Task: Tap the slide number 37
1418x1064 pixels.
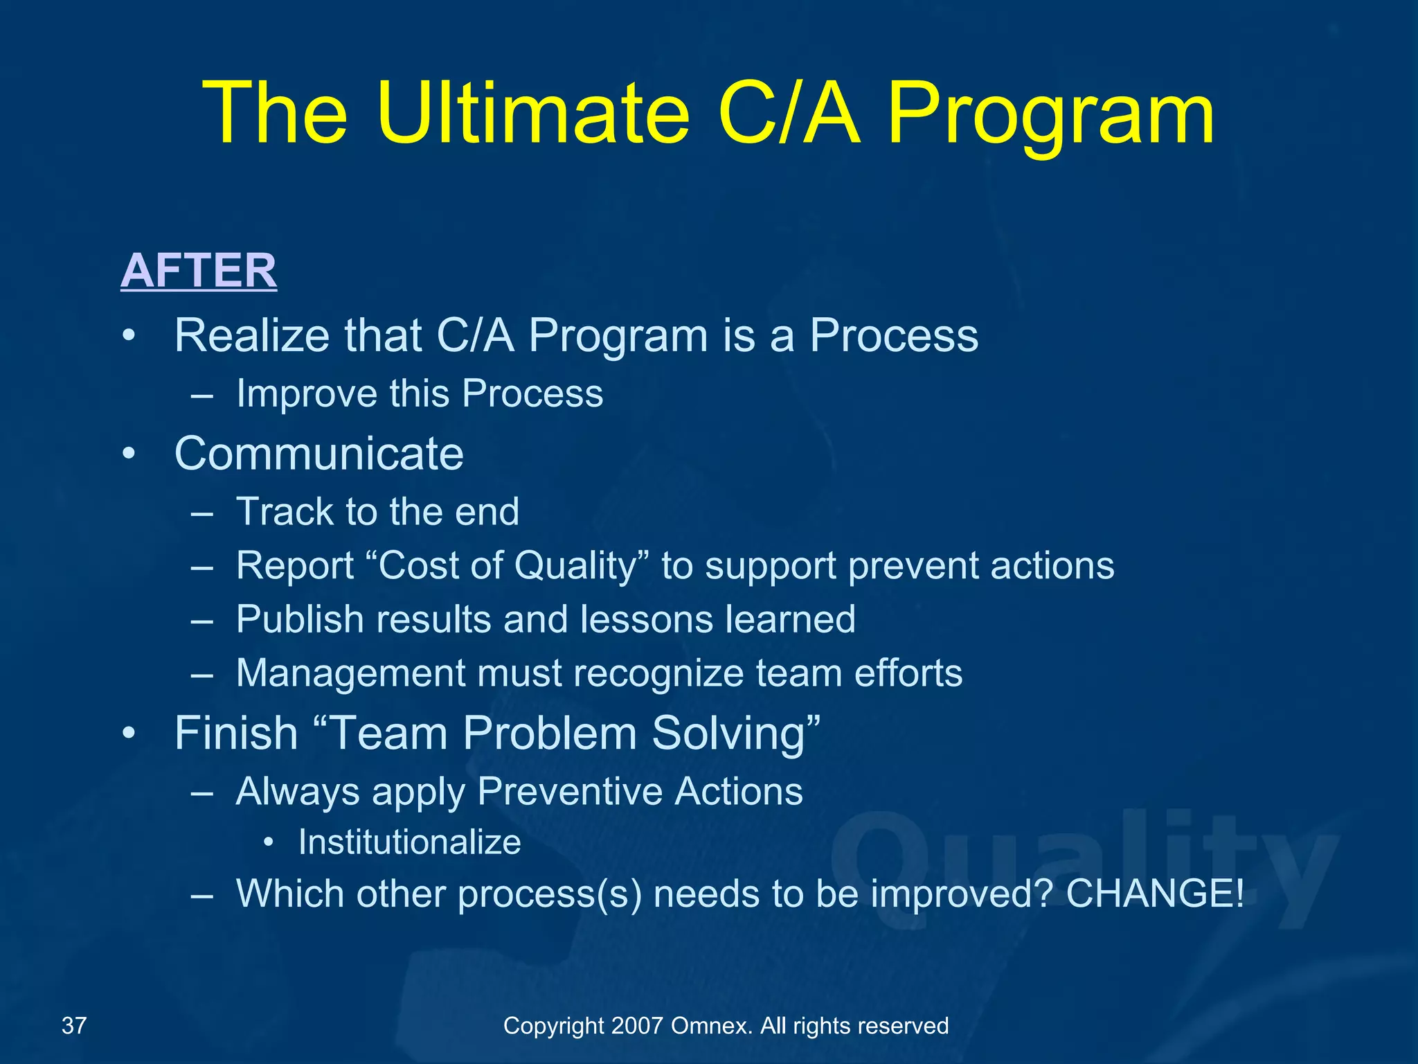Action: click(x=74, y=1025)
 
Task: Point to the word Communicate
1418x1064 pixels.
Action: click(x=319, y=454)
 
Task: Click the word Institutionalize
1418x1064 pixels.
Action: click(x=409, y=842)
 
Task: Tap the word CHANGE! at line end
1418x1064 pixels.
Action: click(x=1155, y=893)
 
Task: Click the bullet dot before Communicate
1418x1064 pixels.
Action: click(x=129, y=455)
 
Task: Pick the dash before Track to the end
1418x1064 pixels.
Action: click(x=201, y=513)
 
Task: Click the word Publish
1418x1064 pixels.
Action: click(x=299, y=619)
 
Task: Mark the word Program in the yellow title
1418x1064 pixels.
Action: click(x=1050, y=114)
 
